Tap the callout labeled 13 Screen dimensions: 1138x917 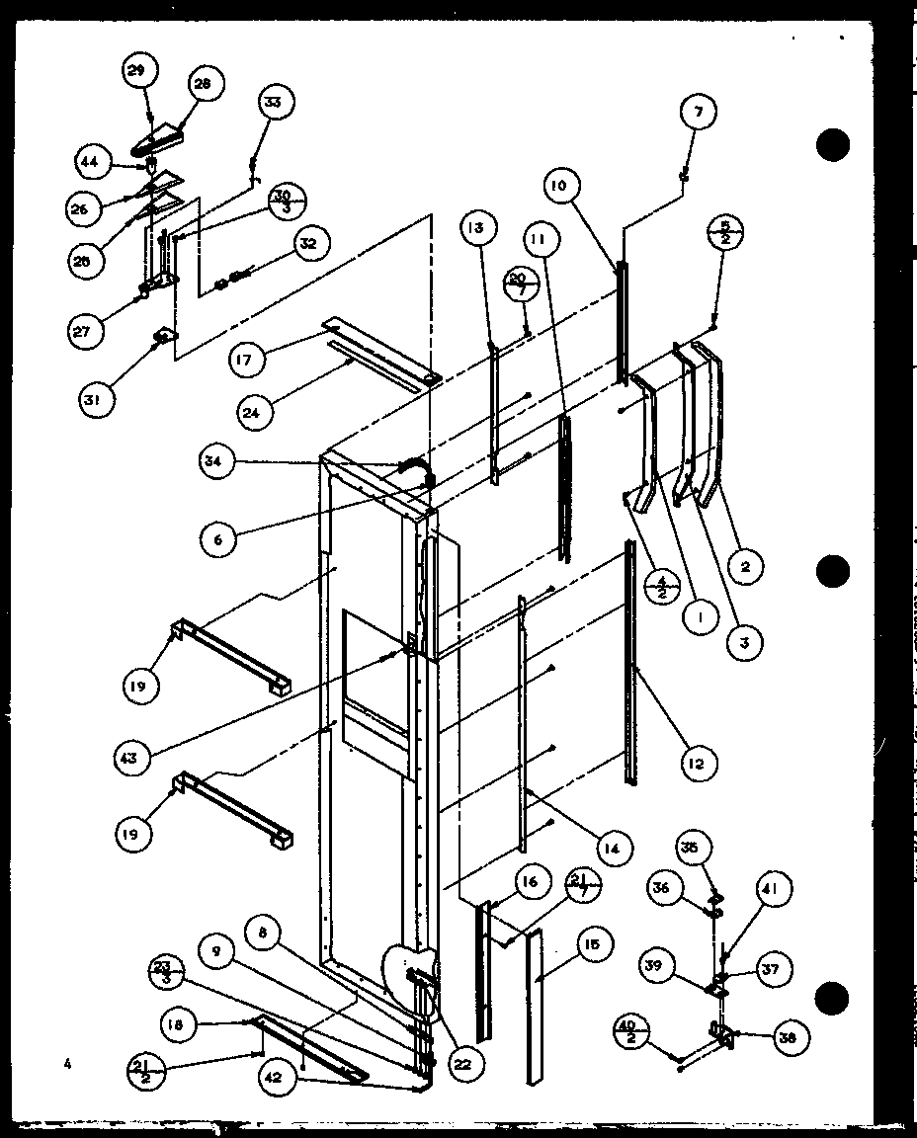pos(476,229)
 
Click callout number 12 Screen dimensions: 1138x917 pos(699,762)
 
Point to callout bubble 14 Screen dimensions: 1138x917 pos(613,848)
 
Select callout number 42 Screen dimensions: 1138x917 pos(279,1079)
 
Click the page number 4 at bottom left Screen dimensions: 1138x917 pos(67,1064)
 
